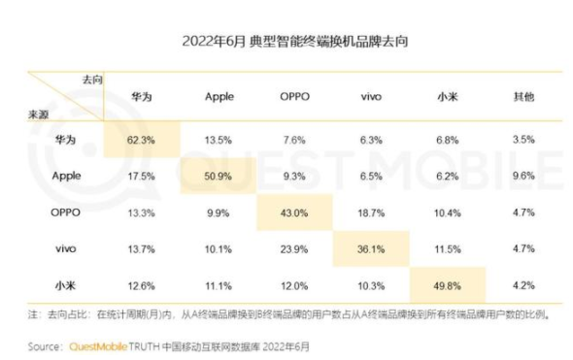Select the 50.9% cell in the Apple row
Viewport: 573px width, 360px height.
pos(219,176)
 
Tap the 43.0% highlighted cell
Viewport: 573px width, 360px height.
pos(294,212)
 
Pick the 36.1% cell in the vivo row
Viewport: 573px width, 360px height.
pos(371,248)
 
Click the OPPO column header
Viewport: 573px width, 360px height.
pos(294,97)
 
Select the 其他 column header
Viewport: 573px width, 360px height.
pos(523,97)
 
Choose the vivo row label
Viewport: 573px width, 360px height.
pos(65,248)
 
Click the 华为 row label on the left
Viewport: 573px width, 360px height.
pos(65,140)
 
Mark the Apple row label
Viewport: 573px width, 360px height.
pos(65,176)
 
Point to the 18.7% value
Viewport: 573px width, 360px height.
pos(371,212)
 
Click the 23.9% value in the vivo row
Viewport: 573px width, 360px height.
pos(294,248)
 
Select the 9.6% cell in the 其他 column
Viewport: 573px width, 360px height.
pos(523,176)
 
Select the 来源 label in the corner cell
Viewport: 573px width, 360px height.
pos(38,115)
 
